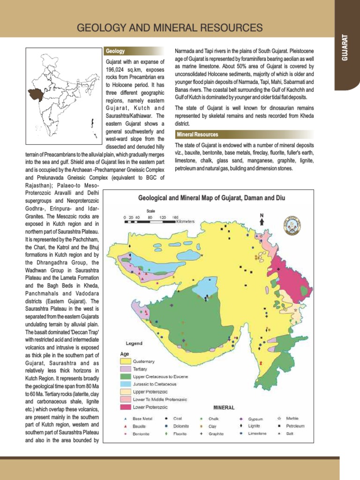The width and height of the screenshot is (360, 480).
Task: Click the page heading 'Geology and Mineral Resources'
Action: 169,27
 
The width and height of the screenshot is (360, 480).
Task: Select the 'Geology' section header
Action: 115,51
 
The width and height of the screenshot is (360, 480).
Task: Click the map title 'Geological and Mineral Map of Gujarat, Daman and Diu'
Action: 211,198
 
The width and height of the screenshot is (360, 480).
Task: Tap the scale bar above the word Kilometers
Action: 150,221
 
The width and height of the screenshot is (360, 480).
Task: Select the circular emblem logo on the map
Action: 292,225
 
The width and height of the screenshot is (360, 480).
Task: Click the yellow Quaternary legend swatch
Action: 125,361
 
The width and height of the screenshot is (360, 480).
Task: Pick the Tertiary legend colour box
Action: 125,369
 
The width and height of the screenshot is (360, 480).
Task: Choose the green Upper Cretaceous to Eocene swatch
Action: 125,376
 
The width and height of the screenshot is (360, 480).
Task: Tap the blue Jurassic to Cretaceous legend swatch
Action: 125,384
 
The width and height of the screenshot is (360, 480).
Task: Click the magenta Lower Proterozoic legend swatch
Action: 125,406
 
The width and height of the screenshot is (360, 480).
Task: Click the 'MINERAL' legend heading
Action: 224,407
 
